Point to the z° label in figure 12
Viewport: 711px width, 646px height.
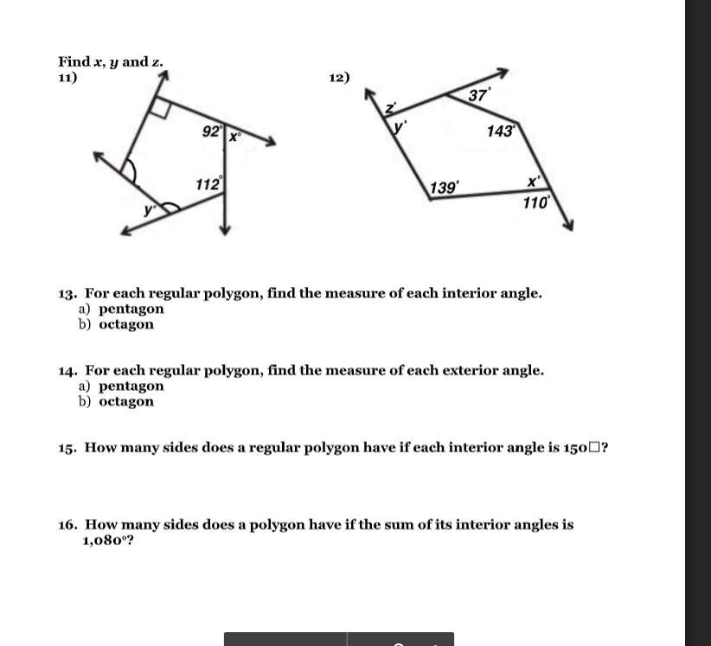[x=390, y=109]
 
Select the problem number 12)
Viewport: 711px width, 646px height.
[x=340, y=77]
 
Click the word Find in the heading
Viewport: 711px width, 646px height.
[x=74, y=61]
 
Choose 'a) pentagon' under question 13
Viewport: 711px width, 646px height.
[x=121, y=309]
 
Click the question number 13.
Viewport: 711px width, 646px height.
[x=67, y=293]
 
